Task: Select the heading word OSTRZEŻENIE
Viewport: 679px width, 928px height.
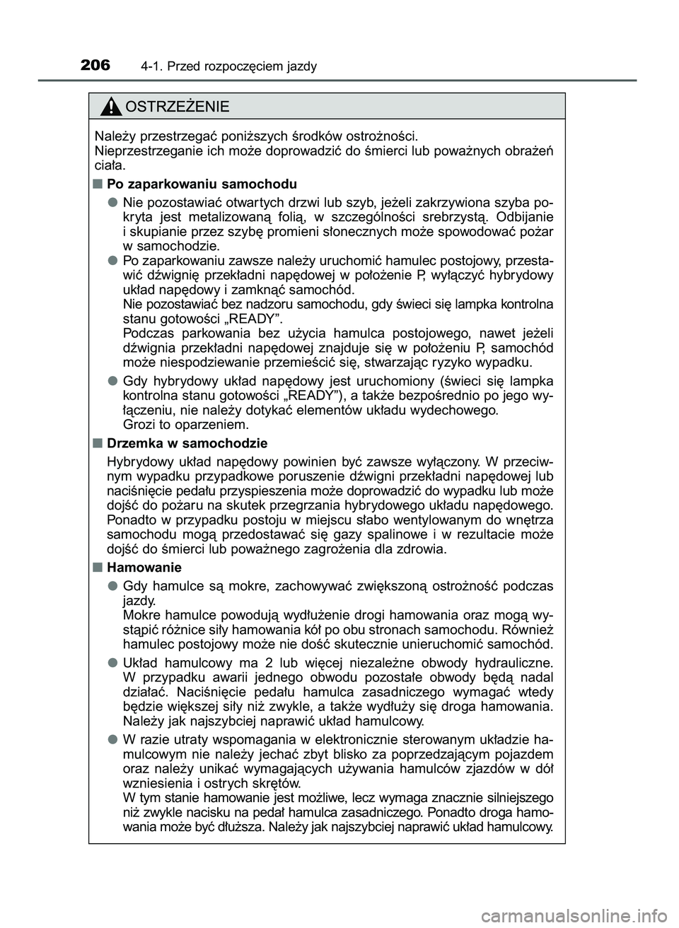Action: click(175, 107)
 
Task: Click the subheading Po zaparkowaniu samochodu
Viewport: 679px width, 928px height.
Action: click(201, 184)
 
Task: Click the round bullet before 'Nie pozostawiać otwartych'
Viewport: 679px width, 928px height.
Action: click(112, 201)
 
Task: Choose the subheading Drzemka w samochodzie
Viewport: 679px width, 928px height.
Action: click(187, 443)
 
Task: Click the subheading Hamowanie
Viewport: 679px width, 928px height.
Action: click(144, 568)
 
